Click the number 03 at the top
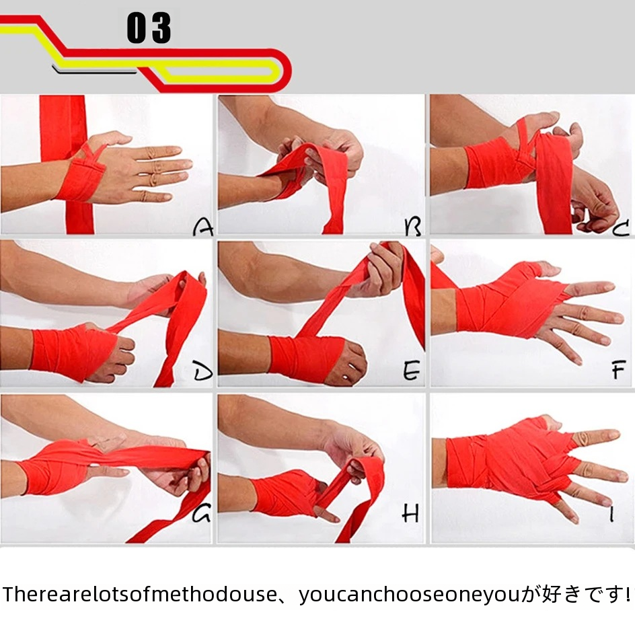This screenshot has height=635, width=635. point(149,28)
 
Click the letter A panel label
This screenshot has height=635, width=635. point(203,227)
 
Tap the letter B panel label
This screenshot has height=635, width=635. point(413,227)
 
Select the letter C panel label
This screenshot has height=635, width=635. point(621,227)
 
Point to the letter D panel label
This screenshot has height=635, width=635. point(202,371)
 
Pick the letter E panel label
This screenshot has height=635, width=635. point(412,371)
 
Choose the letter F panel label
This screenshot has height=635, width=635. point(618,370)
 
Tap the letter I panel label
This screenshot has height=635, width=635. point(611,515)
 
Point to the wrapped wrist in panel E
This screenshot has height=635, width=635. point(305,357)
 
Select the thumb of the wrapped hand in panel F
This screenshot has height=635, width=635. point(545,268)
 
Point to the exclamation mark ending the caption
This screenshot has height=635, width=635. point(628,594)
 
